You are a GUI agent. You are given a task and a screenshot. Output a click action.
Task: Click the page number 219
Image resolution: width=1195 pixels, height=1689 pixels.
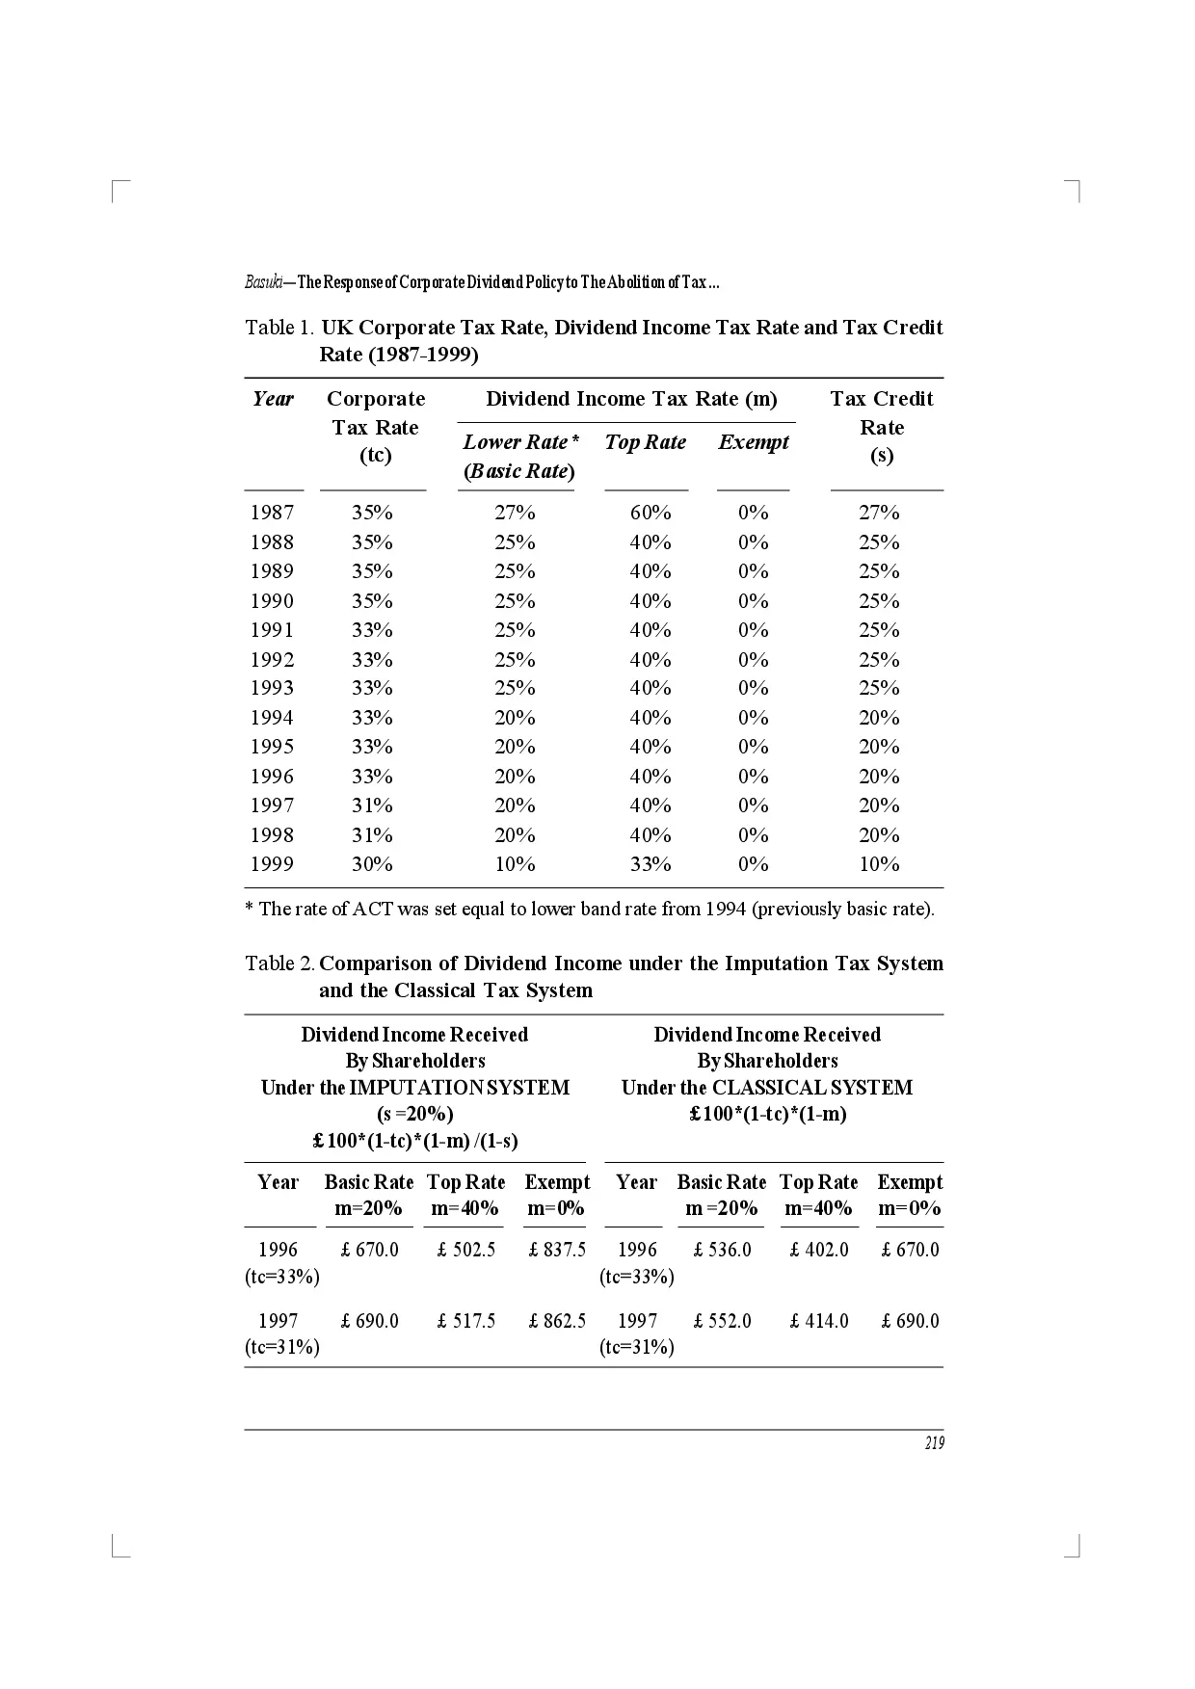(x=934, y=1442)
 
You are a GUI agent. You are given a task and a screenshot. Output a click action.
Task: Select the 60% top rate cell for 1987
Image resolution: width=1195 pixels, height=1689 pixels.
(x=651, y=513)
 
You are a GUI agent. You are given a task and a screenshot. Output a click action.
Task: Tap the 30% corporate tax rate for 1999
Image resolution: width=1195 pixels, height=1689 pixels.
(x=372, y=864)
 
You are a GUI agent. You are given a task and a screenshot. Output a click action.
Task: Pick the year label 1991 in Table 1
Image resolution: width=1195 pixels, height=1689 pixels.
(x=272, y=630)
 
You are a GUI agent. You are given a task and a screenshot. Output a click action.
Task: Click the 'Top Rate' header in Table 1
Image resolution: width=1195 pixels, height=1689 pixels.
(x=646, y=442)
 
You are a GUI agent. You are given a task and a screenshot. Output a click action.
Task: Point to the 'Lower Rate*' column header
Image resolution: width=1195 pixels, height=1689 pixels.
(x=520, y=442)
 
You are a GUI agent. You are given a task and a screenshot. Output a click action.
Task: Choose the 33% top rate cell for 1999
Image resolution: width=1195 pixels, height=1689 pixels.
(x=651, y=864)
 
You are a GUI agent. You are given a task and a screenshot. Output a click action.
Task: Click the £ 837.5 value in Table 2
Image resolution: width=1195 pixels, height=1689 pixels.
(x=557, y=1250)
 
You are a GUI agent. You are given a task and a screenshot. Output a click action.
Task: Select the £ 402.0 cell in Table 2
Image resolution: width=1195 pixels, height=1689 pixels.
(x=819, y=1250)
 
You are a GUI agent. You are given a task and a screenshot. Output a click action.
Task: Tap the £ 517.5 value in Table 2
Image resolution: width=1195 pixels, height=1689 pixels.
(x=466, y=1321)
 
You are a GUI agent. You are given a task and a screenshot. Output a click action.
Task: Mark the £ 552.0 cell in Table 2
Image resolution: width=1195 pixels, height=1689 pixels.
(x=723, y=1321)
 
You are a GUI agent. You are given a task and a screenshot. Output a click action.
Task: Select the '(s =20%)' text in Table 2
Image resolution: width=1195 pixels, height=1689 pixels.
(x=415, y=1114)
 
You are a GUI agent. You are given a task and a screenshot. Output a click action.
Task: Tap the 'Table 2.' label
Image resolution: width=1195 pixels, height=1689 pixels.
(x=279, y=963)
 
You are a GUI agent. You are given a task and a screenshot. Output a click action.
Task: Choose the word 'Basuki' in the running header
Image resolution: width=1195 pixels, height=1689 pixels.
(x=262, y=282)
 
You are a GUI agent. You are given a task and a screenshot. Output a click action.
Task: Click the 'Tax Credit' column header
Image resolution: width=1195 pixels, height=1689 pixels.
(x=882, y=399)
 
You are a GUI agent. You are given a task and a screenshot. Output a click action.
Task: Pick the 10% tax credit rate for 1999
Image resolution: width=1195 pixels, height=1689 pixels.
(x=879, y=864)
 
